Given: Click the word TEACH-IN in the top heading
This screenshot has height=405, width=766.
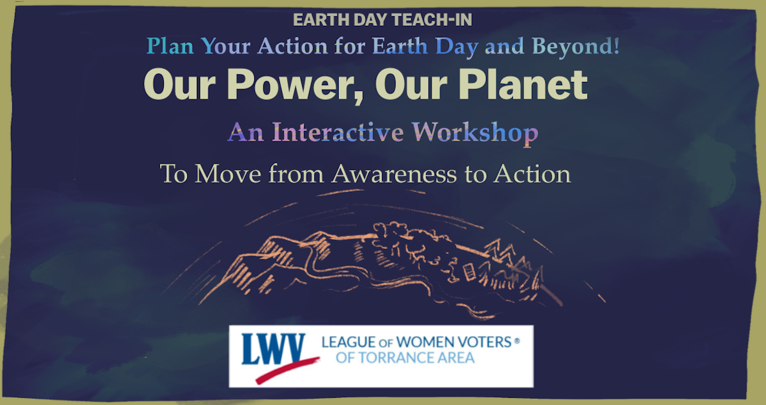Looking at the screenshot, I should point(432,20).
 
